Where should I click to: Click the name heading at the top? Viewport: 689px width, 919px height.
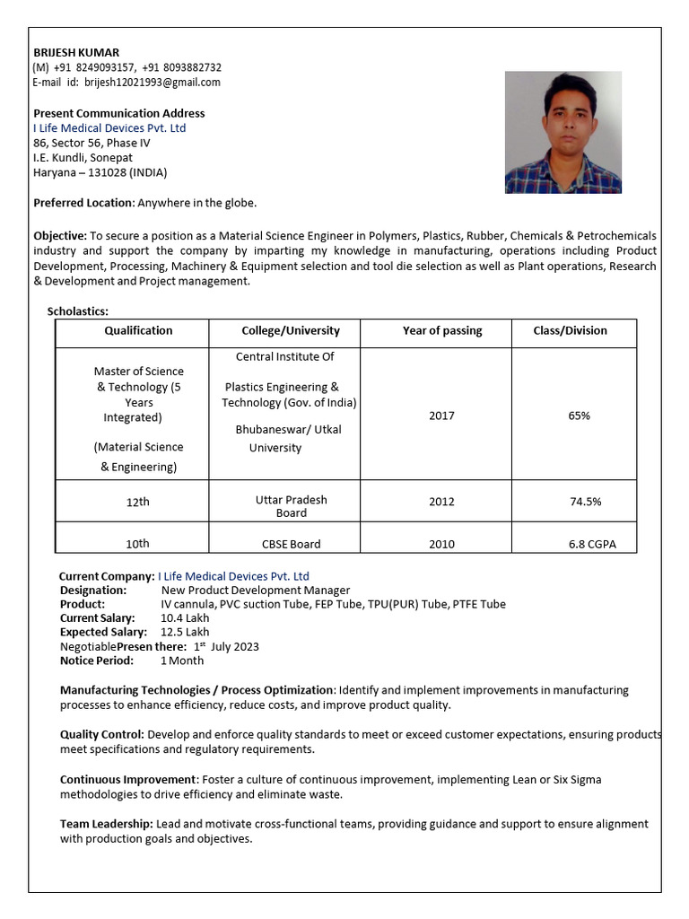pos(76,52)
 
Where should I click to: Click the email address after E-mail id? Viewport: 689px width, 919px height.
pos(153,83)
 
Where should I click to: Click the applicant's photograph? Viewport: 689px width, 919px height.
pos(563,133)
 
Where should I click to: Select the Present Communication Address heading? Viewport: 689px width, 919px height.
pos(118,113)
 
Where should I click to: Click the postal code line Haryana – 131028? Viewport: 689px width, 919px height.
pos(100,172)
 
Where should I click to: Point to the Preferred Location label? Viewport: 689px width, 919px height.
pos(83,203)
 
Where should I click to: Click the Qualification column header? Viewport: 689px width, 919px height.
pos(138,331)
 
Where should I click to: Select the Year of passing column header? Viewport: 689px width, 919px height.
pos(441,331)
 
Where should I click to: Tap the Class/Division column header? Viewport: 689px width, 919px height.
pos(570,331)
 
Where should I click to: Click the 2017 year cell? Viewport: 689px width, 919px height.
pos(441,416)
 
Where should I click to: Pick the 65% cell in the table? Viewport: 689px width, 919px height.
pos(579,416)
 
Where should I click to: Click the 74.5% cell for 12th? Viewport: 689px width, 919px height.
pos(586,502)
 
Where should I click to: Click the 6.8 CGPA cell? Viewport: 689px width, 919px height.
pos(591,544)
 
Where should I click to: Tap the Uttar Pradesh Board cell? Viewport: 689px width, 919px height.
pos(291,506)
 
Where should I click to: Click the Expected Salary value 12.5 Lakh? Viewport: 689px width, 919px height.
pos(185,632)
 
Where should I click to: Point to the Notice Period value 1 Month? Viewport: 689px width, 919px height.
pos(182,661)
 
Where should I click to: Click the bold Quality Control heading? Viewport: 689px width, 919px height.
pos(101,734)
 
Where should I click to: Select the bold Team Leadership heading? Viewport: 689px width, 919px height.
pos(106,824)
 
